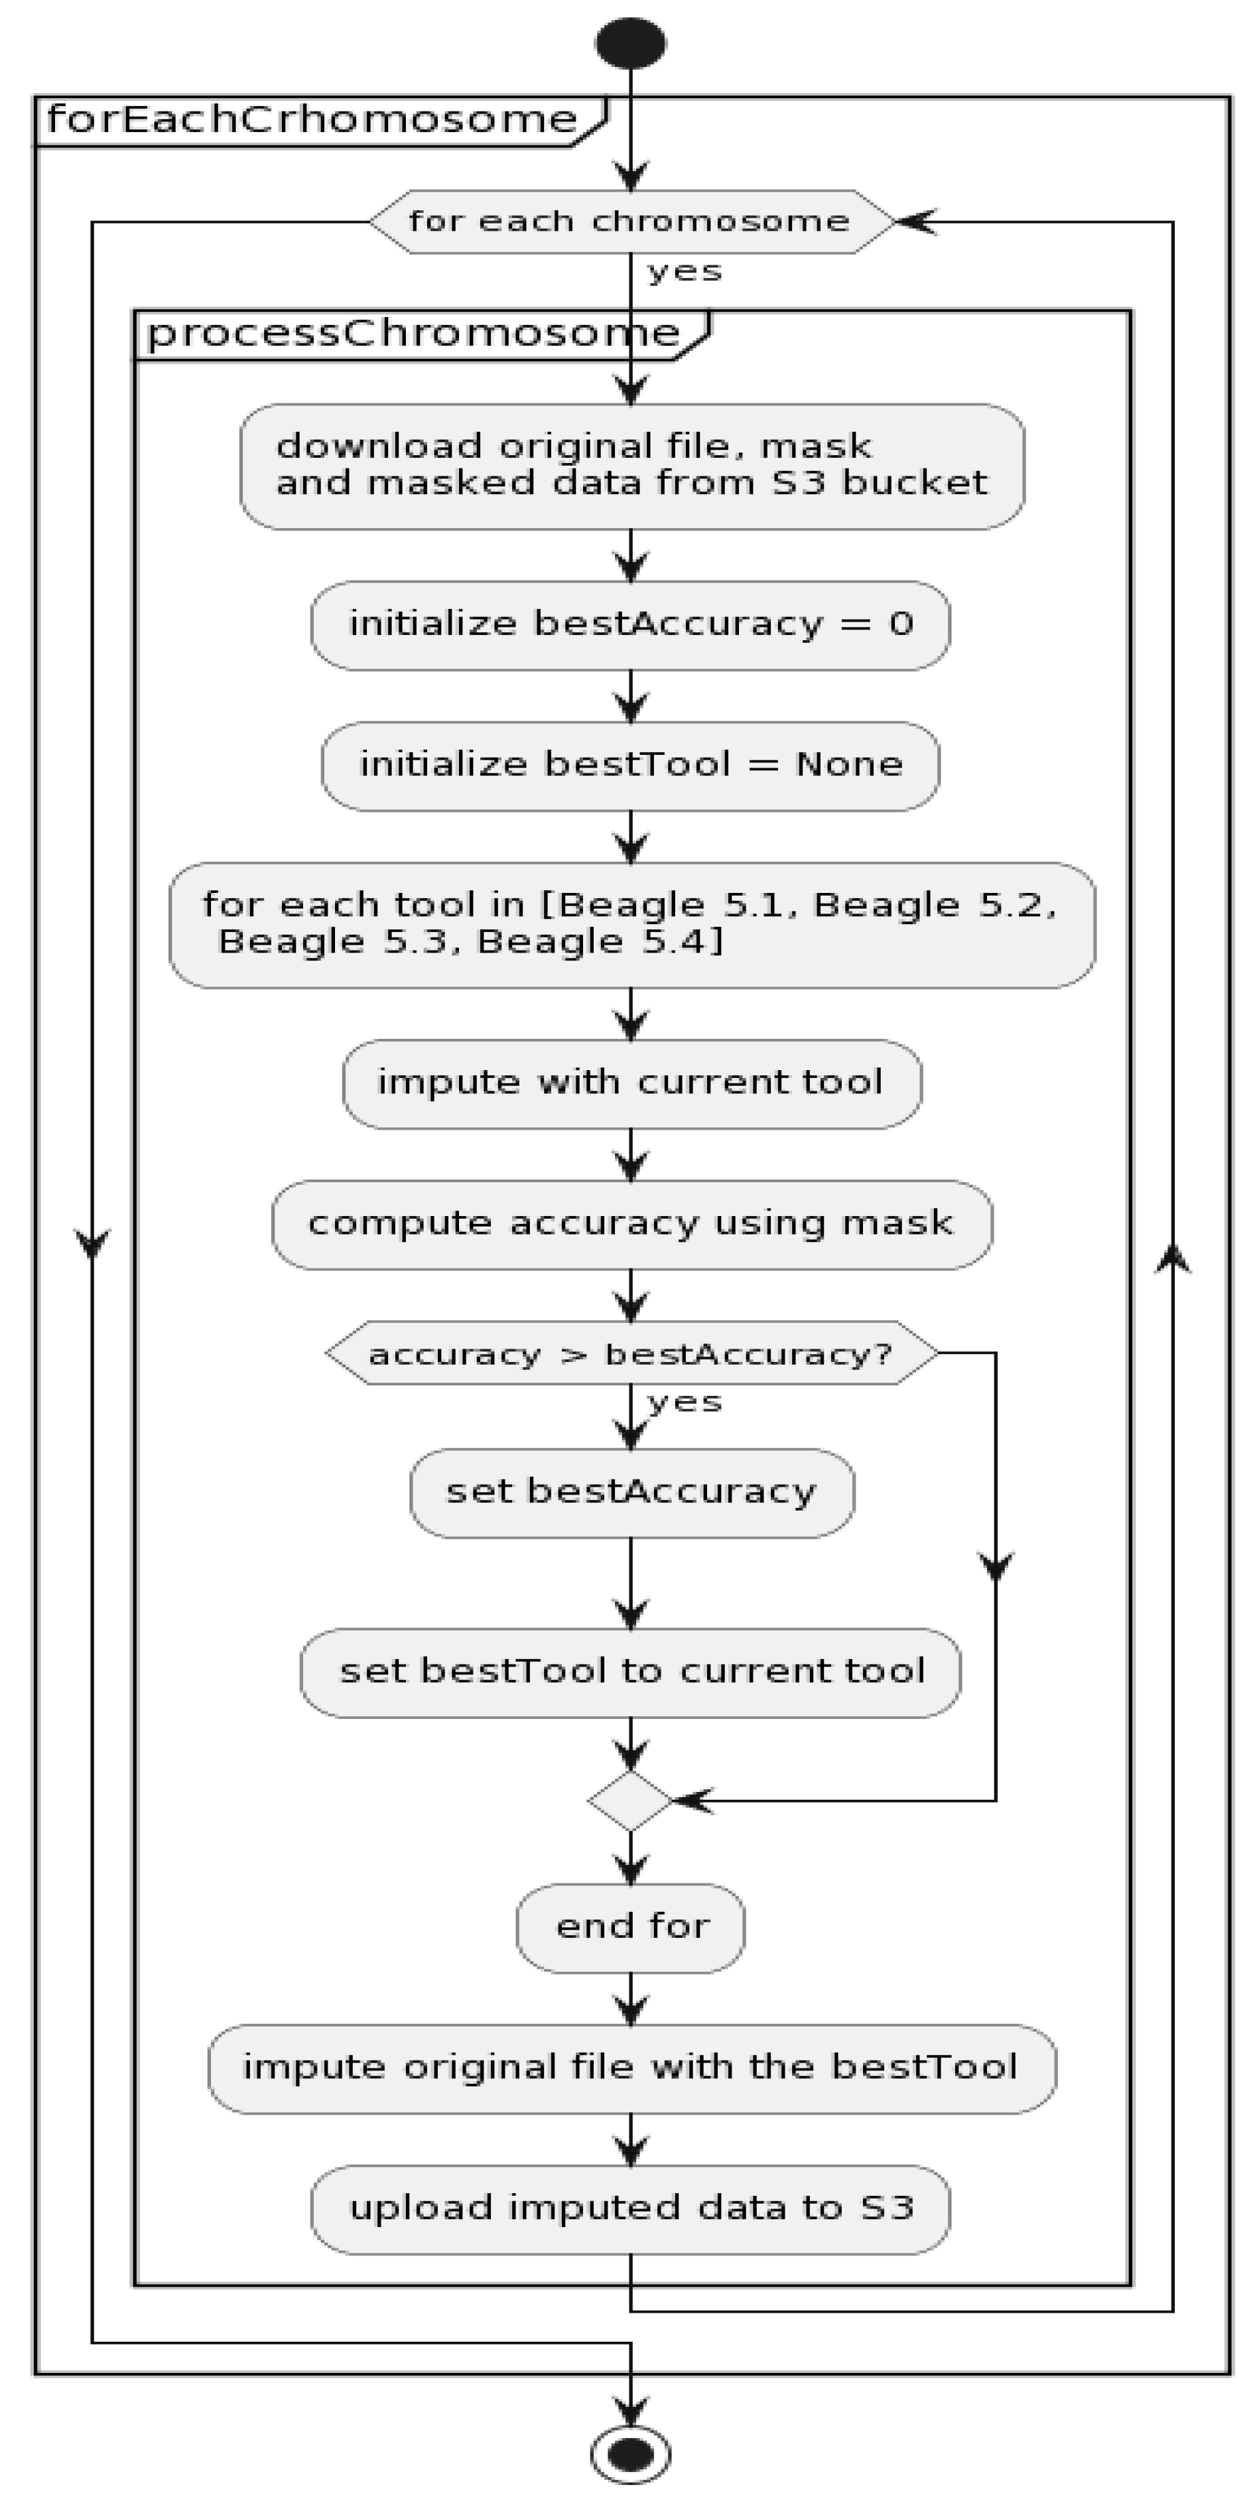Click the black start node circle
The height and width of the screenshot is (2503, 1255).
click(x=630, y=42)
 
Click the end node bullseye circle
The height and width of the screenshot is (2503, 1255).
click(x=630, y=2455)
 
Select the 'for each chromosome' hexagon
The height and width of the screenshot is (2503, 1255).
click(x=630, y=222)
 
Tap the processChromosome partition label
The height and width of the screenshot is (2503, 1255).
click(x=413, y=333)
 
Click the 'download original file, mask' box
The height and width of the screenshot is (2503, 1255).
click(x=631, y=466)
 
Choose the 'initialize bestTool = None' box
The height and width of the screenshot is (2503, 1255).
click(x=630, y=766)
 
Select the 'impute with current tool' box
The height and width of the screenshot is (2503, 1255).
click(x=631, y=1083)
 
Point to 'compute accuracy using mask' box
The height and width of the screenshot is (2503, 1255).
click(x=631, y=1223)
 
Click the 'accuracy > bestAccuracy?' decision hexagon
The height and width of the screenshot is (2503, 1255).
click(x=631, y=1353)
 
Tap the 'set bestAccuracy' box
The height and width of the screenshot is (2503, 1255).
click(x=631, y=1491)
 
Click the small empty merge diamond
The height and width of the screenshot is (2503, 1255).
click(x=630, y=1800)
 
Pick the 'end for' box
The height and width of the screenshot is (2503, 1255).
click(x=630, y=1927)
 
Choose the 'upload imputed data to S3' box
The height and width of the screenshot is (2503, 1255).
click(x=630, y=2208)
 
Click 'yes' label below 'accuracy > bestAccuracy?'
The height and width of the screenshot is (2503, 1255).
click(x=685, y=1402)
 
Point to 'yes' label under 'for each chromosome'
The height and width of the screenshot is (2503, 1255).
click(x=685, y=271)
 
